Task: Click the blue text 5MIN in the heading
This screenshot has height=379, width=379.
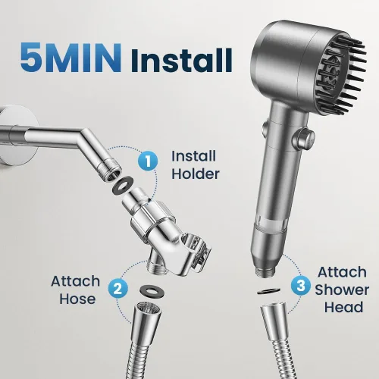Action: point(70,58)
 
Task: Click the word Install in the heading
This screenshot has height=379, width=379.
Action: point(181,60)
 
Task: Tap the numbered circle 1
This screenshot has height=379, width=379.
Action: point(148,161)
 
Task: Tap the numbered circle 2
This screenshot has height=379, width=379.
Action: point(118,288)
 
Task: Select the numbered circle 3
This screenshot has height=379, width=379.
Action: point(301,286)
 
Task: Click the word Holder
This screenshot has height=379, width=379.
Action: point(196,174)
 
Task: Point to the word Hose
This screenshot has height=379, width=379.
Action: point(77,299)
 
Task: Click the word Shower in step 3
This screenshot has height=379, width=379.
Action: point(342,290)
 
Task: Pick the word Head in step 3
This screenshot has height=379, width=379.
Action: point(343,307)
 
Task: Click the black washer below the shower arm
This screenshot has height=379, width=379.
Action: point(123,183)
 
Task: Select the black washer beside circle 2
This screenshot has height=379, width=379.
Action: point(152,292)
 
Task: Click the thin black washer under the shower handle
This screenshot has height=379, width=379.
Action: point(268,291)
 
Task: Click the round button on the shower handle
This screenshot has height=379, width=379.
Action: point(303,139)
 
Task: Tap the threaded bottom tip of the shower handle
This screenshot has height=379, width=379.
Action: point(265,272)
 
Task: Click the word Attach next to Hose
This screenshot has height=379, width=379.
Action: point(75,281)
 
